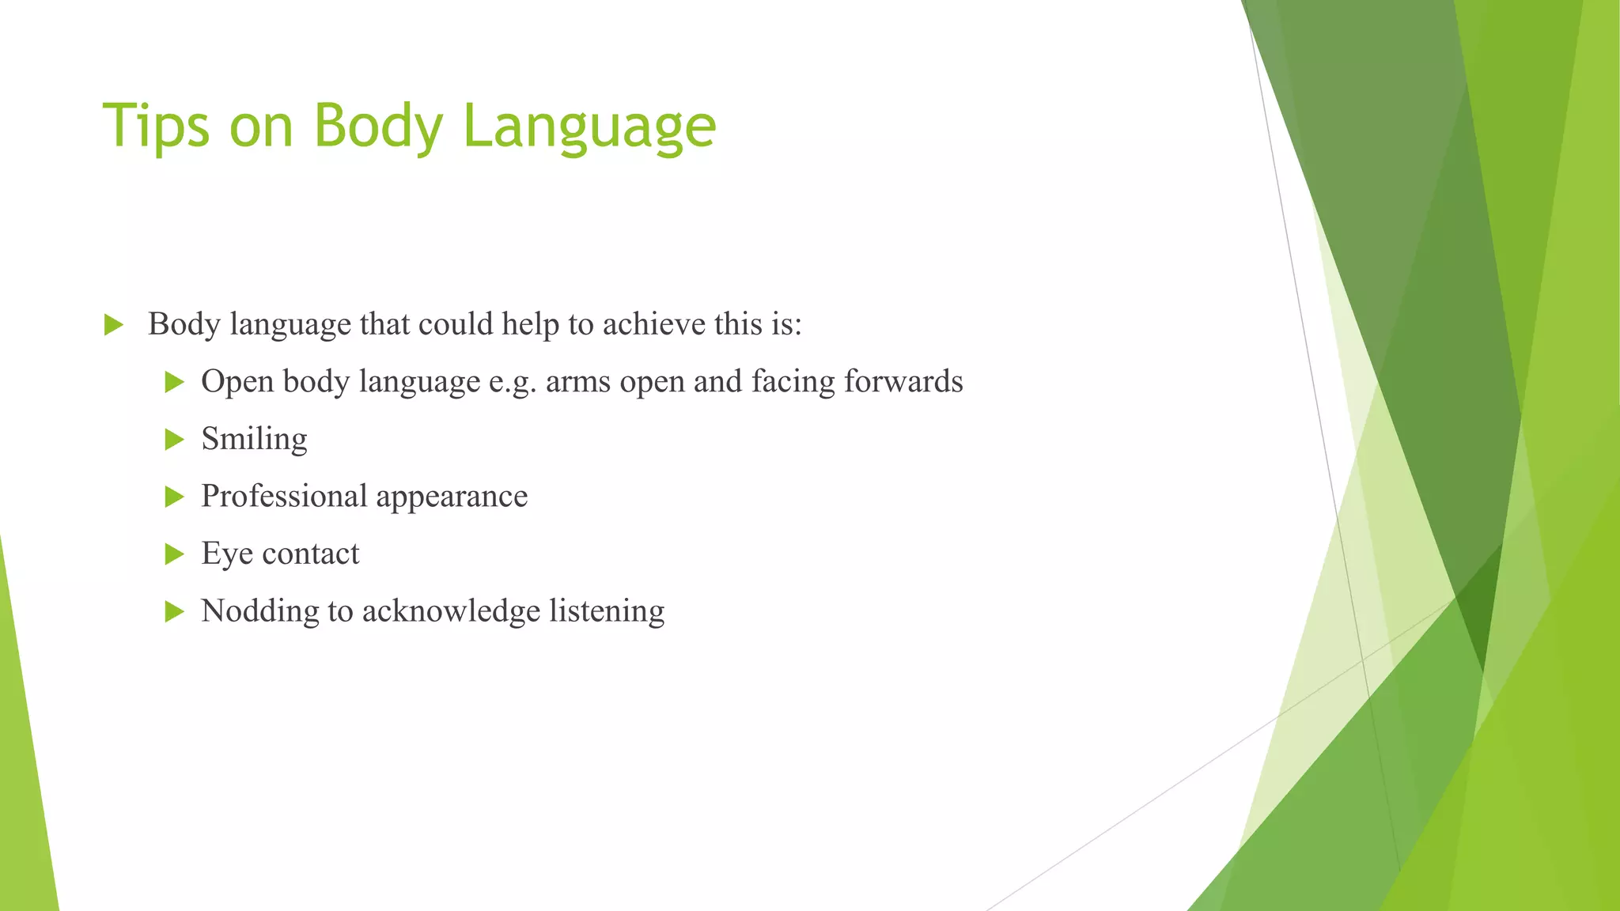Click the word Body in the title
(x=379, y=127)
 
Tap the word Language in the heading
(x=589, y=127)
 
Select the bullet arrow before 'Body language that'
(x=114, y=324)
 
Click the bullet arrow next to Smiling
(x=174, y=440)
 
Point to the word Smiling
(x=254, y=440)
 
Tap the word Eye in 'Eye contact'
(x=226, y=554)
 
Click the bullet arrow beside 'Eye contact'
(x=174, y=554)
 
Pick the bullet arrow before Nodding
(x=174, y=611)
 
